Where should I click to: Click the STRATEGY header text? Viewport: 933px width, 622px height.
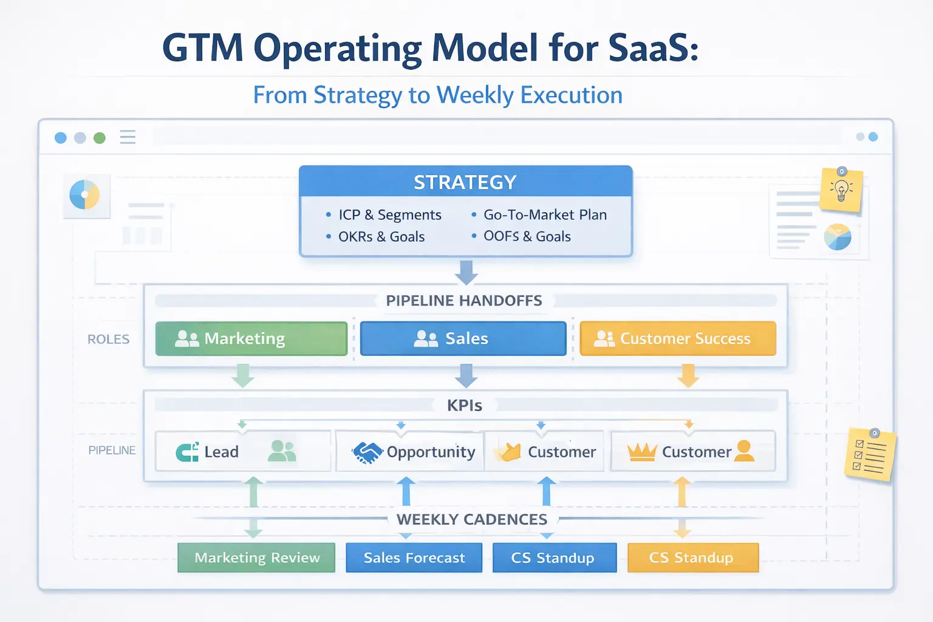coord(465,182)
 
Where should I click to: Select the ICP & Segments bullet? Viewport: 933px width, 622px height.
coord(389,215)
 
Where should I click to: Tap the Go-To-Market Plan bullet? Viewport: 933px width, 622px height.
coord(544,215)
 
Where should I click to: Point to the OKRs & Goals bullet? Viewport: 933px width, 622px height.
coord(381,237)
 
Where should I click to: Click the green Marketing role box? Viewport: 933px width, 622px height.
coord(251,338)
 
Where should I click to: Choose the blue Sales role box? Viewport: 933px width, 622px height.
coord(463,338)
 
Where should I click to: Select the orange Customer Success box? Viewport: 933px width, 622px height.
coord(678,338)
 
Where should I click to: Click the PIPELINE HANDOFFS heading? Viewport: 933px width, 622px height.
coord(464,301)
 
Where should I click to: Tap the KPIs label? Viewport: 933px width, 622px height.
coord(465,406)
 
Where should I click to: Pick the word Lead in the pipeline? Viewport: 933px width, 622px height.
coord(221,452)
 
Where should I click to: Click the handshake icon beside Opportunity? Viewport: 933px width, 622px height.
coord(367,452)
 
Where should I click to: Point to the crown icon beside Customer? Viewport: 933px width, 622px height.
coord(641,452)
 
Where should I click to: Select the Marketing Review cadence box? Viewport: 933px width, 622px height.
coord(256,558)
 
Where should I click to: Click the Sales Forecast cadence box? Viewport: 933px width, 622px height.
coord(414,558)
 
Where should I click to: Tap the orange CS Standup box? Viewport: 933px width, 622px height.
coord(692,558)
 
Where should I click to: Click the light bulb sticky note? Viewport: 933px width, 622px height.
coord(841,190)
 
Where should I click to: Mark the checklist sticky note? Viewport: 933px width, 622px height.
coord(870,455)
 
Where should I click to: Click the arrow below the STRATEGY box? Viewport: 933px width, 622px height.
coord(466,272)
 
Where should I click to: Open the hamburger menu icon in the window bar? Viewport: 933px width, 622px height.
coord(128,137)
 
